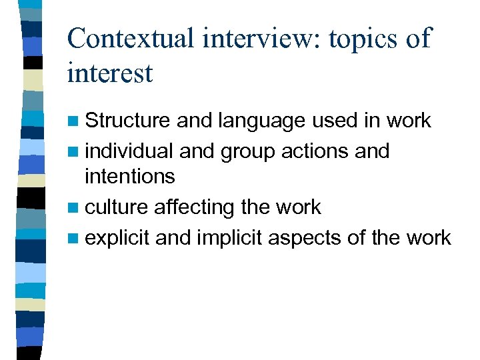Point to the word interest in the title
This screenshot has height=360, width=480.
click(110, 73)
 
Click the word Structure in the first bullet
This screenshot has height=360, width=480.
click(128, 121)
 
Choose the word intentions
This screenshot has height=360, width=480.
click(130, 177)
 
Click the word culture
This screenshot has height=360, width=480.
click(117, 207)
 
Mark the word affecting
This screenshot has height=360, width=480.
click(195, 209)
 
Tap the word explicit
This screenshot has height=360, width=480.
click(118, 238)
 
